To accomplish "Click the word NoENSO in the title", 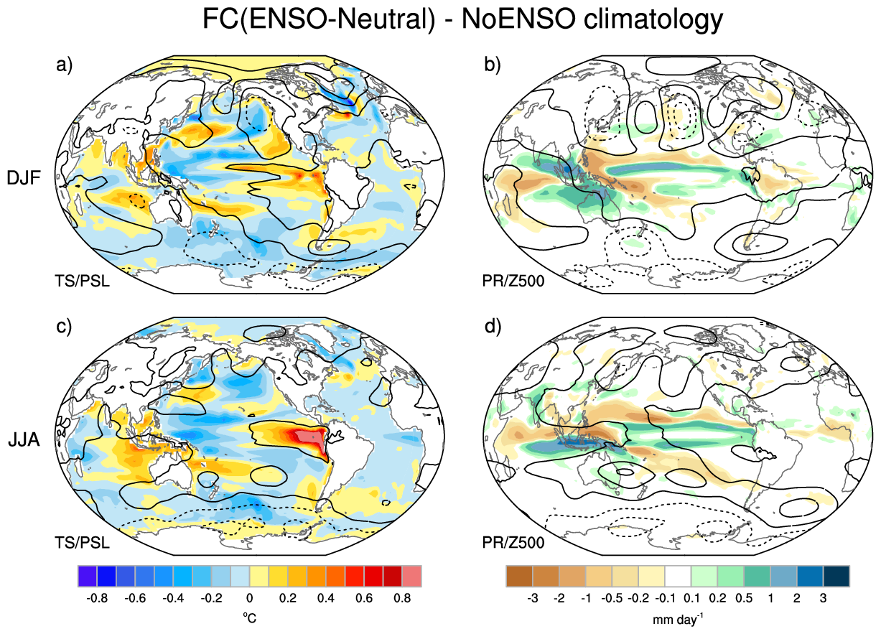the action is [x=518, y=19].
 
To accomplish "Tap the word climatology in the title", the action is [x=653, y=20].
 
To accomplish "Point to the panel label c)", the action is [x=64, y=327].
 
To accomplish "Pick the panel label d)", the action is [x=493, y=327].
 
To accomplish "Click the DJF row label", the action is [x=24, y=178].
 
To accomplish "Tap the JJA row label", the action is [x=24, y=439].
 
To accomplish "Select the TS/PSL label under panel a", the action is [x=82, y=281].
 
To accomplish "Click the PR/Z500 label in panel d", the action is [x=513, y=543].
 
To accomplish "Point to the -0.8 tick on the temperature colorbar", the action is [x=97, y=598].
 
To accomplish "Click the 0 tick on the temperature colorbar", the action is [x=249, y=598].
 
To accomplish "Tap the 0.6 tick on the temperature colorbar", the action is [x=364, y=598].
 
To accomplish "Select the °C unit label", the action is [x=249, y=618].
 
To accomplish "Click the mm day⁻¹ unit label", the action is [x=678, y=619].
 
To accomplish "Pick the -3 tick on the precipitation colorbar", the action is [x=532, y=598].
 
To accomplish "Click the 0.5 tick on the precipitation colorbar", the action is [x=744, y=598].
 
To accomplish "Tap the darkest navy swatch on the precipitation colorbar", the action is [x=836, y=576].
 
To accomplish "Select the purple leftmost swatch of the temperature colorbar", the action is [x=88, y=576].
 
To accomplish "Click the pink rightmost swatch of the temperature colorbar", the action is [x=412, y=576].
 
